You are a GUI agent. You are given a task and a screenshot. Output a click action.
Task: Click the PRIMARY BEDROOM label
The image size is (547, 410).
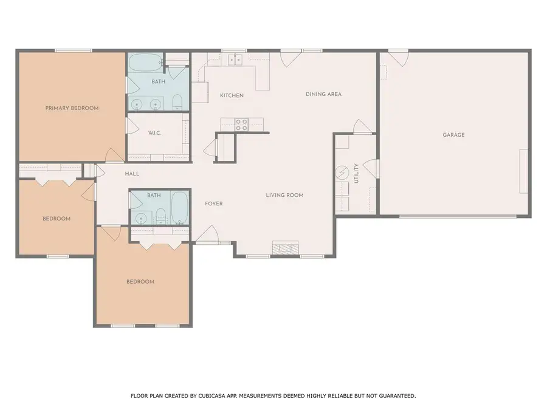(72, 108)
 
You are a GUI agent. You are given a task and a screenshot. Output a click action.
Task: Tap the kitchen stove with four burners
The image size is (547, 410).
(241, 125)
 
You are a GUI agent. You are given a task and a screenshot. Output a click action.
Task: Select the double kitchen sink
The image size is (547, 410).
(235, 59)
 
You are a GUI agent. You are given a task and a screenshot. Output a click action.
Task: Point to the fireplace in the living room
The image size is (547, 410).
(285, 248)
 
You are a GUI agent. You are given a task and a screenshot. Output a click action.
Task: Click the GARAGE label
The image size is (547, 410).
(453, 135)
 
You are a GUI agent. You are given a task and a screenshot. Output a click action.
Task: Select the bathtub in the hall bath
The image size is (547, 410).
(179, 207)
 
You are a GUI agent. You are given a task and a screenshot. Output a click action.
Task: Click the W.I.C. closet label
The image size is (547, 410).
(154, 133)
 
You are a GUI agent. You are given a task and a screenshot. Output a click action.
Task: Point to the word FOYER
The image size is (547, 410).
(213, 203)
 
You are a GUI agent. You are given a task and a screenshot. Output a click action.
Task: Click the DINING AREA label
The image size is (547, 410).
(323, 94)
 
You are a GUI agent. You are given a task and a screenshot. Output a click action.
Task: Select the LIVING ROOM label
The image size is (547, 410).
(284, 195)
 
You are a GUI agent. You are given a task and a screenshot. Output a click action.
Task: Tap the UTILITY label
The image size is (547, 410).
(356, 174)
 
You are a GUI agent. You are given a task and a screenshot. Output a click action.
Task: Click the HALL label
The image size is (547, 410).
(132, 174)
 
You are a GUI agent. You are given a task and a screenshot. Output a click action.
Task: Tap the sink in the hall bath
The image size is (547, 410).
(142, 217)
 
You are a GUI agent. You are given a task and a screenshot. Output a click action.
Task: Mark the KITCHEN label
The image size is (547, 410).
(232, 95)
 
